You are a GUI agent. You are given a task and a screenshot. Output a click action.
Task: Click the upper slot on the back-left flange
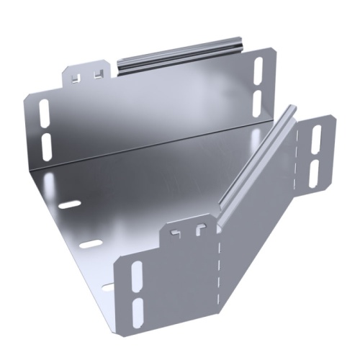pyautogui.click(x=47, y=114)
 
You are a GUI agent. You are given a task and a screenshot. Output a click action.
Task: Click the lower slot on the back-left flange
pyautogui.click(x=48, y=146)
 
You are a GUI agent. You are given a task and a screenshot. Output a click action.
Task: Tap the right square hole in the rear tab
pyautogui.click(x=96, y=72)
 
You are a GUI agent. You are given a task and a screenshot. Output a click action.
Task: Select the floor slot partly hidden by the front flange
pyautogui.click(x=108, y=287)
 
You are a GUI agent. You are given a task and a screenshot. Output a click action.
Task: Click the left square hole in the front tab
pyautogui.click(x=176, y=234)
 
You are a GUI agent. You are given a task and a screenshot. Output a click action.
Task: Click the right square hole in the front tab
pyautogui.click(x=197, y=230)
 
